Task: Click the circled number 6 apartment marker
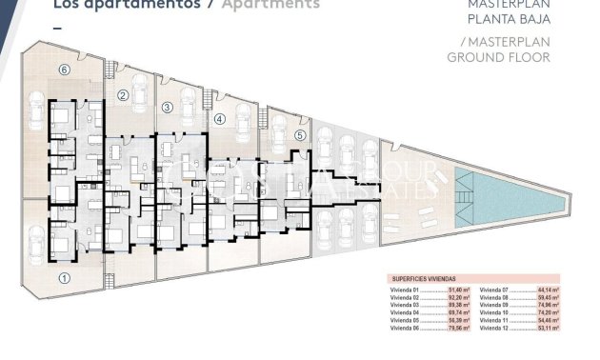(64, 70)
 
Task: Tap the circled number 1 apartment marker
(65, 278)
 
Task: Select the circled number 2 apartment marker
(123, 95)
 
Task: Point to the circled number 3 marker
(168, 108)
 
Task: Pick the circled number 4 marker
(220, 119)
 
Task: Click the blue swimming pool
(510, 191)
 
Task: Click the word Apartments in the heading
(270, 4)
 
